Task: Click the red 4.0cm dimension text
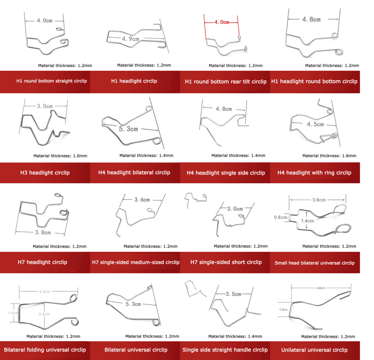pos(222,22)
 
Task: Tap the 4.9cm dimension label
pos(130,39)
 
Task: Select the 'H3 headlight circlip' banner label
pos(45,173)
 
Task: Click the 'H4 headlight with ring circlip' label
pos(314,173)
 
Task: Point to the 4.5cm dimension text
pos(315,124)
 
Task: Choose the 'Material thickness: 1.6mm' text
pos(329,156)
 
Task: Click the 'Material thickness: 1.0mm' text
pos(60,156)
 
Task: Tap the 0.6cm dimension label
pos(280,217)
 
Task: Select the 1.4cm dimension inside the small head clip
pos(308,221)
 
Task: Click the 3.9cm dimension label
pos(319,200)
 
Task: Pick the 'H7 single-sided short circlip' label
pos(226,262)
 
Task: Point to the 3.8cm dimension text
pos(43,233)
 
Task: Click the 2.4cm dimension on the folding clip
pos(44,314)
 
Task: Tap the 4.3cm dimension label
pos(45,292)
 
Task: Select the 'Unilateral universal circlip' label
pos(314,350)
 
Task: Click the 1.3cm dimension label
pos(283,310)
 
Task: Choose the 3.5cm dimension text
pos(233,294)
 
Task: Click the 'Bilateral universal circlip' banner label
pos(136,350)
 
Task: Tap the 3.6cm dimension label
pos(142,200)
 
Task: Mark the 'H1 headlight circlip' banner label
pos(134,81)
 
